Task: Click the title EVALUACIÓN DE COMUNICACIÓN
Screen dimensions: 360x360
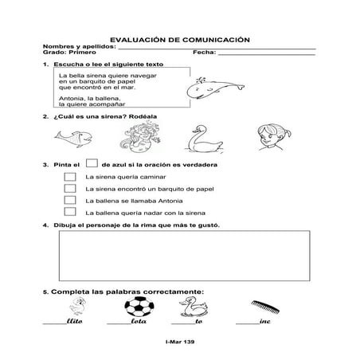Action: (x=179, y=38)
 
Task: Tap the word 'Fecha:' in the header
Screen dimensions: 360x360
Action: (x=203, y=53)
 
